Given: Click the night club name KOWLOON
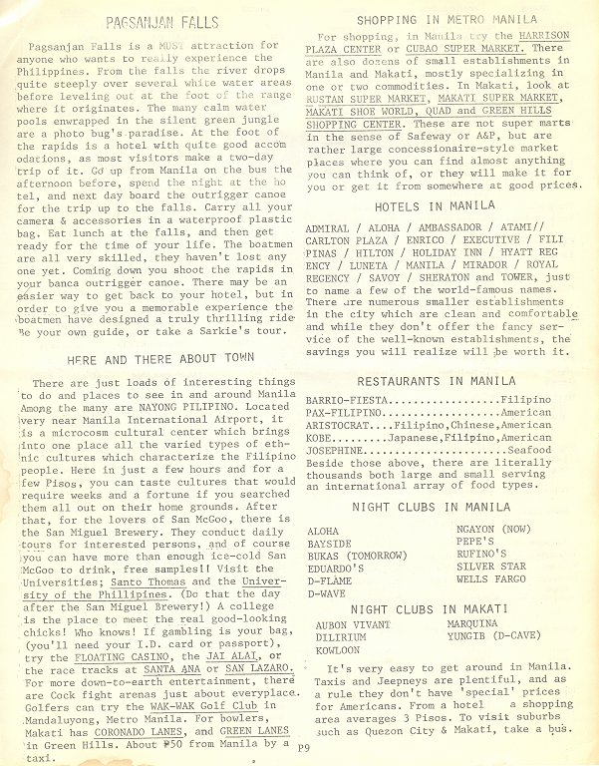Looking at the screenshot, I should (x=338, y=649).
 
